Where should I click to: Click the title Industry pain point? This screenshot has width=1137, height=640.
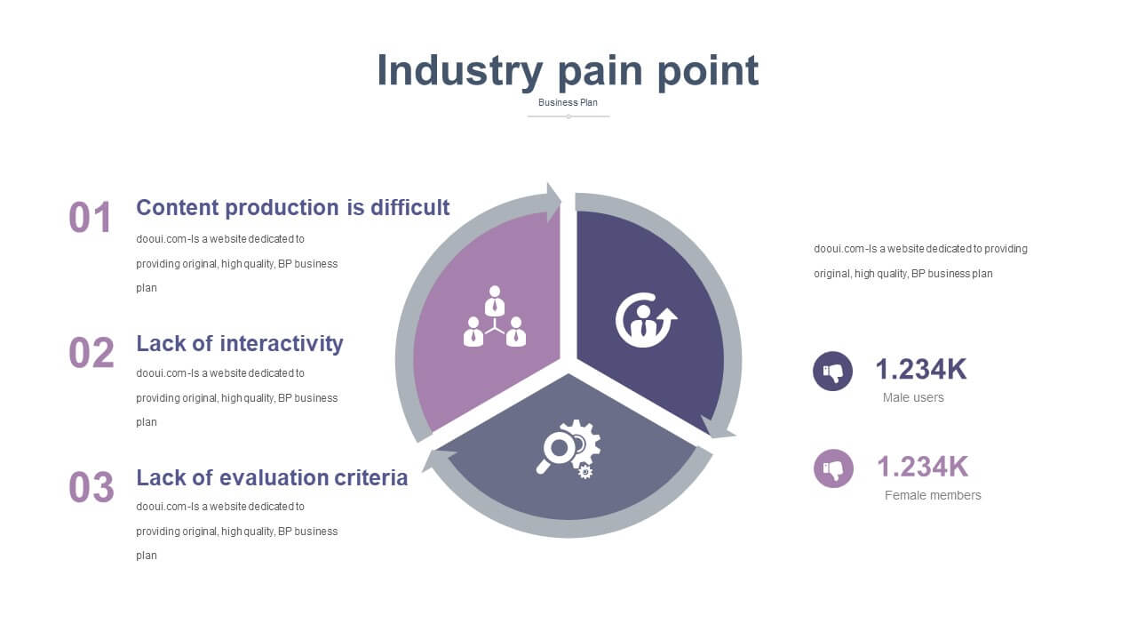[x=568, y=71]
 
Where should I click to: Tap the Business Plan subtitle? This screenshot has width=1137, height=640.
[x=568, y=102]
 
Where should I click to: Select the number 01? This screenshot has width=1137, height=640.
[x=90, y=218]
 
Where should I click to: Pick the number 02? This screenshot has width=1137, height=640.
[x=91, y=353]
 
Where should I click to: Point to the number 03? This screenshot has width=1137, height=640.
[x=91, y=486]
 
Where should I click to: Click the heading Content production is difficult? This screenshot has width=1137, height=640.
[x=293, y=208]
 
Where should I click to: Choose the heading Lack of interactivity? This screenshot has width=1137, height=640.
[x=240, y=344]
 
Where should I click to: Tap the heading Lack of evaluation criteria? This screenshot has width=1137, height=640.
[x=272, y=478]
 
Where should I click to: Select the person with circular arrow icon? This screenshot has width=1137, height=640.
[x=646, y=320]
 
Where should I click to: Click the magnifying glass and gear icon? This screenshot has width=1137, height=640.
[x=569, y=449]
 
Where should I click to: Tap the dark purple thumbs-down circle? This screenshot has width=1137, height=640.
[x=832, y=372]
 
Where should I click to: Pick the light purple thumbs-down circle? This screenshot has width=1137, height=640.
[x=833, y=468]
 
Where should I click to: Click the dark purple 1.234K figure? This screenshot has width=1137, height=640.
[x=921, y=369]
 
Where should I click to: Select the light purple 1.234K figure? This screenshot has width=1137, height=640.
[x=923, y=467]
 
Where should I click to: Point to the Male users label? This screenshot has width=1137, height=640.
[x=913, y=397]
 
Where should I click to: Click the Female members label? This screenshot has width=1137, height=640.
[x=933, y=495]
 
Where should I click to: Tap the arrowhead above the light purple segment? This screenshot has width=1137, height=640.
[x=553, y=202]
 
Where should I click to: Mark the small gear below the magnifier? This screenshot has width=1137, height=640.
[x=585, y=472]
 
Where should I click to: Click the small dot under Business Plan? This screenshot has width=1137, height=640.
[x=568, y=116]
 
